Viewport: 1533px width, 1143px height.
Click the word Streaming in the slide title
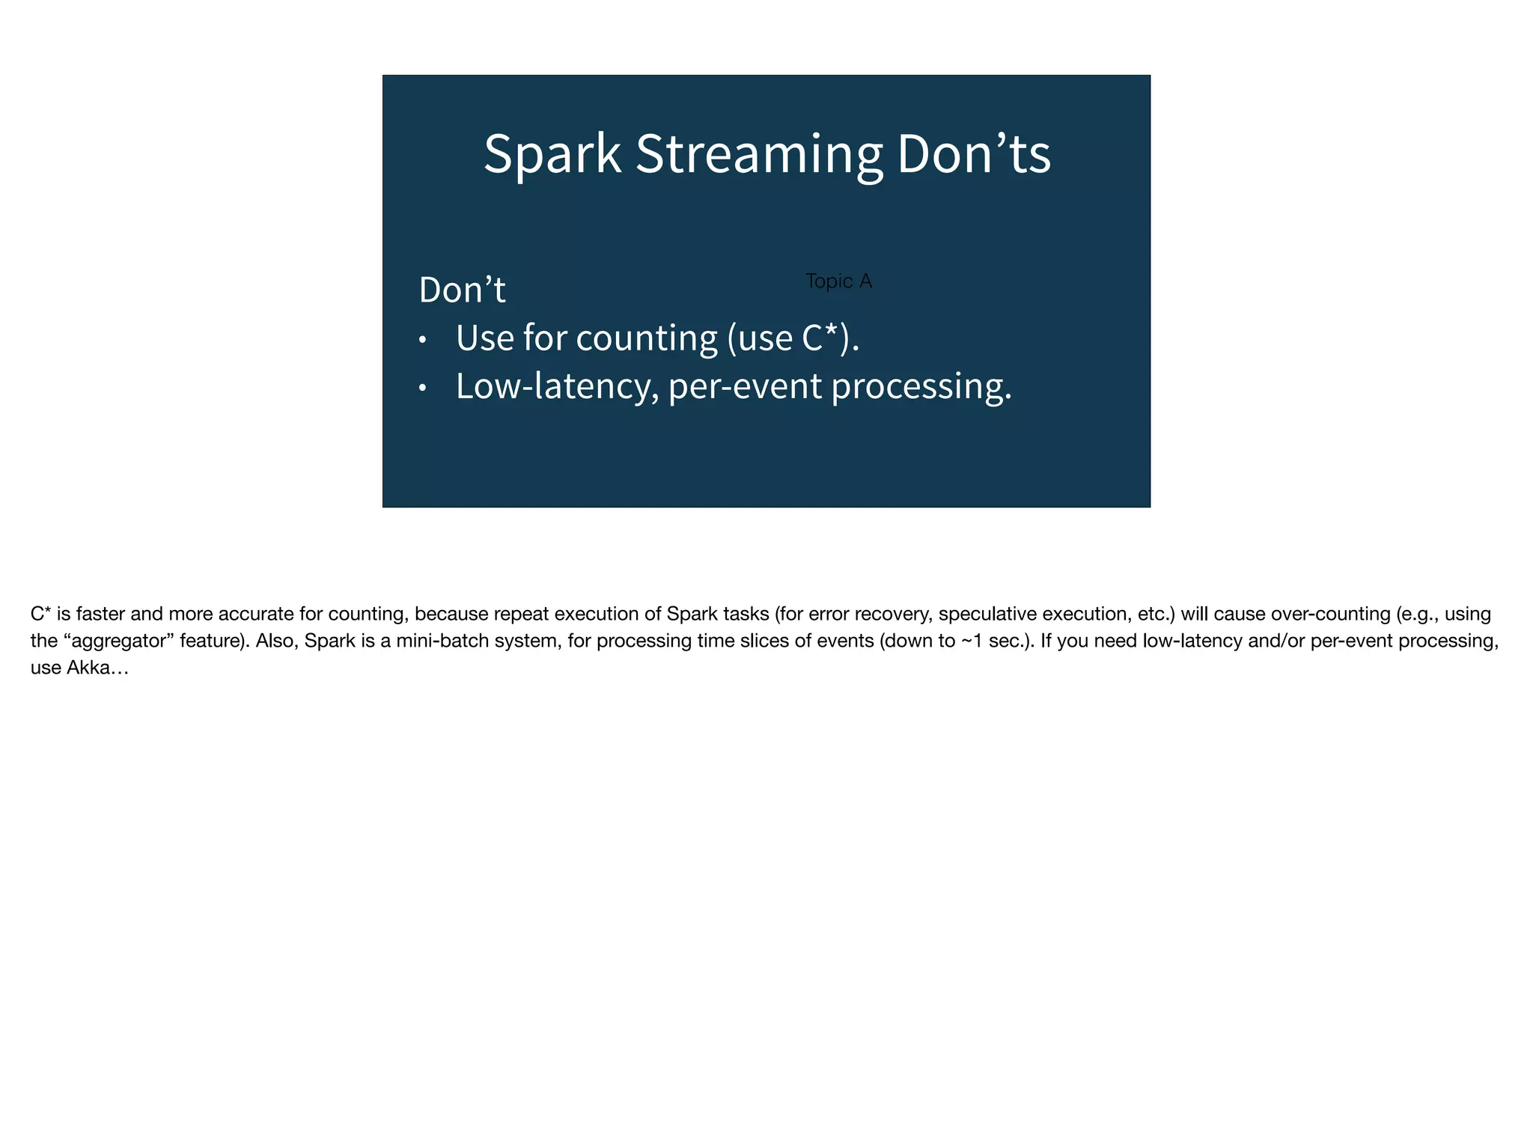(758, 154)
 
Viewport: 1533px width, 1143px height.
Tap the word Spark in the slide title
(552, 154)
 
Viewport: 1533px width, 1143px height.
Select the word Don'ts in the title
(973, 154)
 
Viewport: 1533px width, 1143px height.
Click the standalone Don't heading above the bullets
(462, 290)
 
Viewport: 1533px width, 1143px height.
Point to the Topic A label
(838, 281)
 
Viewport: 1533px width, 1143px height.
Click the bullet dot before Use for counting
(422, 341)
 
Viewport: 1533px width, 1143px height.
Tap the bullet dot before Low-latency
(422, 388)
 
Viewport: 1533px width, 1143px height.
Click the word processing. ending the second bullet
(921, 387)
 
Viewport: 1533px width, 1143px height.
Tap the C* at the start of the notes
(40, 615)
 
